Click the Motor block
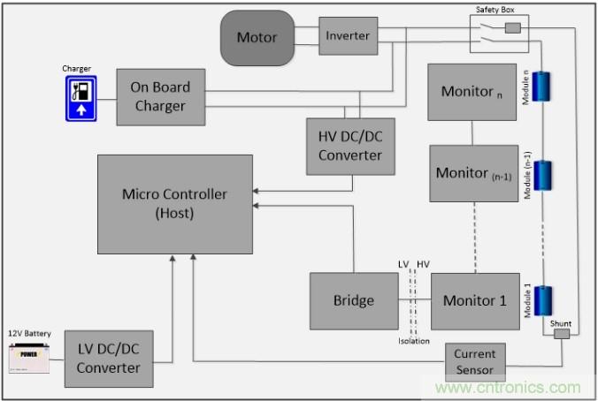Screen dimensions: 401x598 (257, 38)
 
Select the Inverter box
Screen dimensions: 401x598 (348, 36)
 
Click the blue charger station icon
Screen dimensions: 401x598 (80, 97)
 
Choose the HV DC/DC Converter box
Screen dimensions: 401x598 (350, 146)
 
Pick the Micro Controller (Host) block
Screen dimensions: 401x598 (173, 204)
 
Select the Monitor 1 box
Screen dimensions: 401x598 (474, 300)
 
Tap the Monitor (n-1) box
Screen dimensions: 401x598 (473, 173)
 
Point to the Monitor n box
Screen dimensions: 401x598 (472, 92)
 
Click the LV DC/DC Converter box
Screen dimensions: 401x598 (107, 359)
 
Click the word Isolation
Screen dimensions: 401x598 (413, 340)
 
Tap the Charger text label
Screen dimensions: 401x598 (77, 67)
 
